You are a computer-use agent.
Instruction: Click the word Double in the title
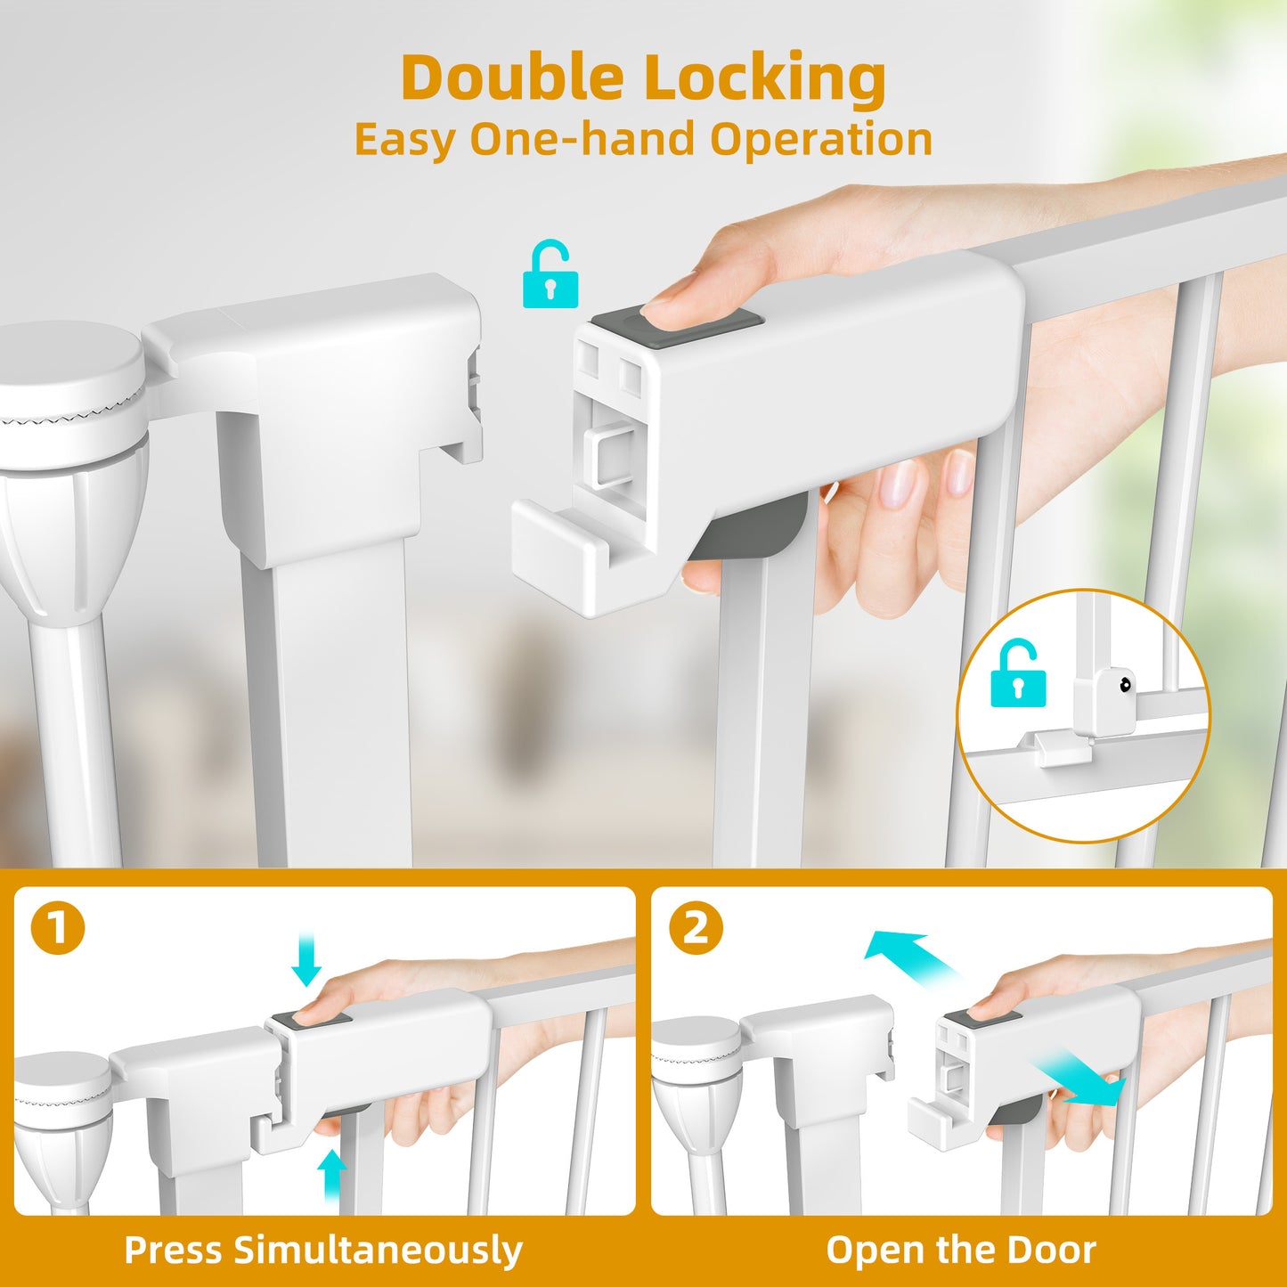(x=511, y=77)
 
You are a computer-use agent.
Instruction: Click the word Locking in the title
(x=764, y=81)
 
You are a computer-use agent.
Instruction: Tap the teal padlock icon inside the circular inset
(x=1018, y=672)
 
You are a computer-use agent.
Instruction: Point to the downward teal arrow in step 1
(x=306, y=963)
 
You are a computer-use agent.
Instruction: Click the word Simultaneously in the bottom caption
(x=378, y=1250)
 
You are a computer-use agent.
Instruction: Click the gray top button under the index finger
(x=677, y=328)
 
